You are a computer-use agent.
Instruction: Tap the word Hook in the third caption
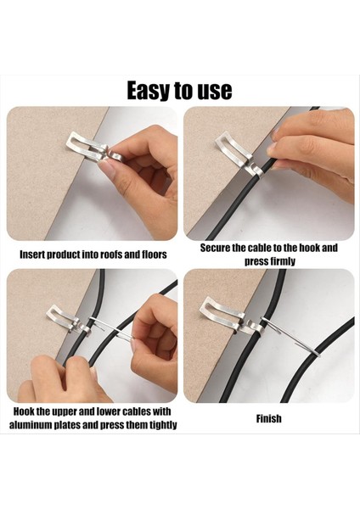pos(25,411)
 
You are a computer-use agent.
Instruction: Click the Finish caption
pos(268,418)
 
